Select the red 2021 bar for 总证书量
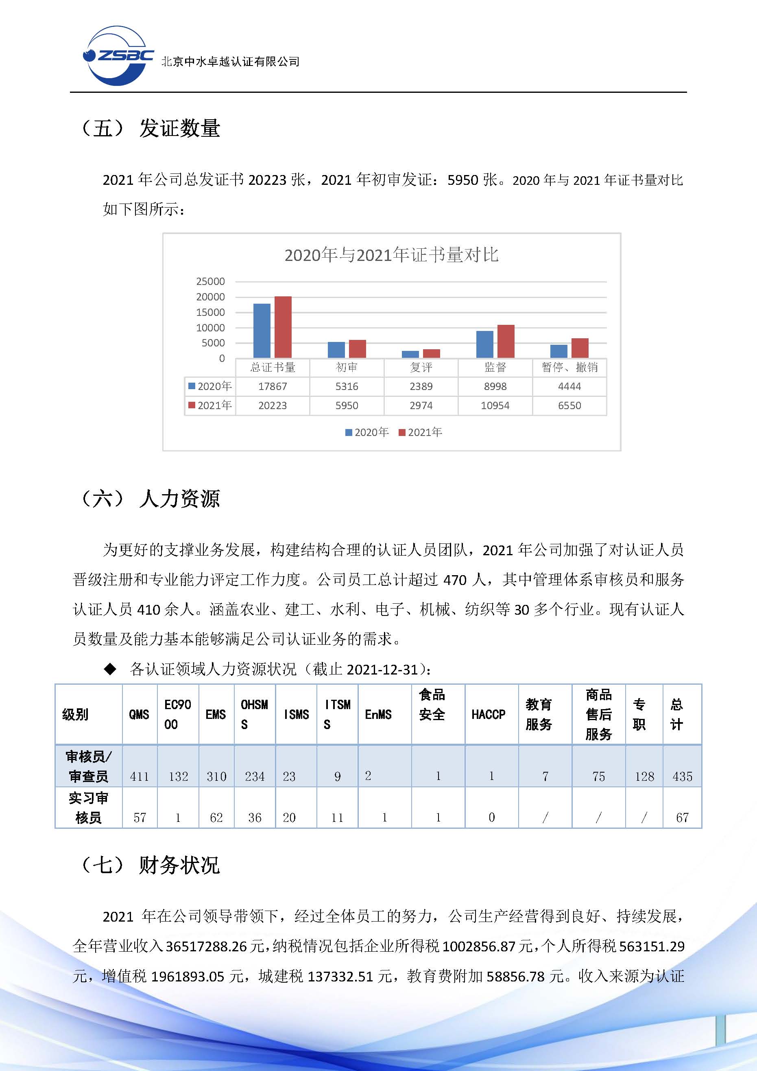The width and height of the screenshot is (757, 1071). (x=283, y=327)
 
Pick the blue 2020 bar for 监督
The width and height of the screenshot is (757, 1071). (x=484, y=344)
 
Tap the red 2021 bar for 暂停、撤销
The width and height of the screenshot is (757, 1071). (x=580, y=348)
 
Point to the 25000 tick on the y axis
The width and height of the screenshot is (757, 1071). (x=210, y=282)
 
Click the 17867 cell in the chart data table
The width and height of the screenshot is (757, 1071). (x=273, y=386)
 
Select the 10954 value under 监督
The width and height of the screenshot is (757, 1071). (x=495, y=405)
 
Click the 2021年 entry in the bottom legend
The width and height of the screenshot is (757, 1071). (x=421, y=432)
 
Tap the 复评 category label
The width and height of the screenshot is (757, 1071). (x=421, y=368)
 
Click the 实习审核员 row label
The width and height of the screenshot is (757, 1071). (x=88, y=808)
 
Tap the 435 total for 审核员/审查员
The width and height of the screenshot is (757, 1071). (x=682, y=777)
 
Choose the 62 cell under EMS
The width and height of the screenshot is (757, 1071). (x=216, y=818)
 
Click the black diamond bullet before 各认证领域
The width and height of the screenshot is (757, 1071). (x=110, y=669)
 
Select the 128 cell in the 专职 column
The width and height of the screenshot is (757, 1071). (x=644, y=777)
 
